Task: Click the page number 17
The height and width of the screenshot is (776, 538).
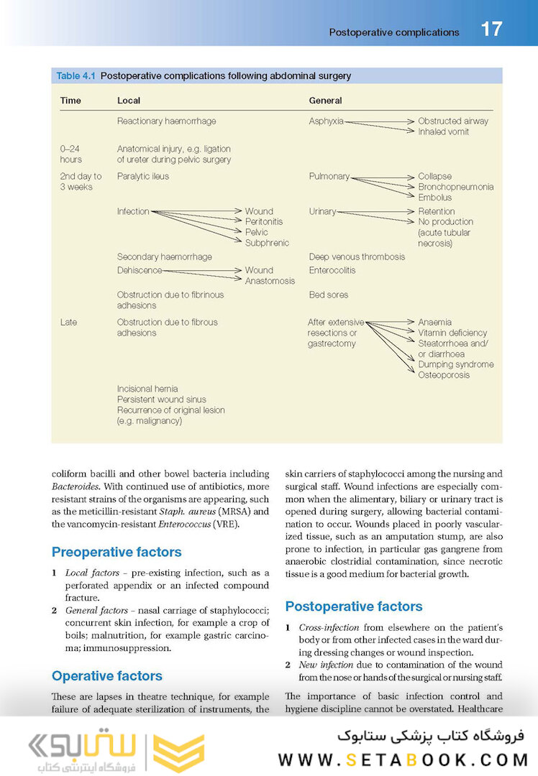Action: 491,29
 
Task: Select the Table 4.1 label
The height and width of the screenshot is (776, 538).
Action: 77,75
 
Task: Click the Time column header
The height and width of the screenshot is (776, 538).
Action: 70,101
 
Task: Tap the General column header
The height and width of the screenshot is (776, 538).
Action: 325,101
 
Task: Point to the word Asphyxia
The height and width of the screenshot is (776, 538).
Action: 326,121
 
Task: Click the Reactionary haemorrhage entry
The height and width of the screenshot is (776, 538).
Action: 166,121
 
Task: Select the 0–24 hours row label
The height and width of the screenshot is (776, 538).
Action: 71,154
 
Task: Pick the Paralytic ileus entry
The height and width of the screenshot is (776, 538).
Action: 143,176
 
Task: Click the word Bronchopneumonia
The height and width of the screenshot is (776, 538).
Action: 455,187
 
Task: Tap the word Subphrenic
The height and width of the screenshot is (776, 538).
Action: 267,243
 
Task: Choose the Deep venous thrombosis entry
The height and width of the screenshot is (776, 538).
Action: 357,257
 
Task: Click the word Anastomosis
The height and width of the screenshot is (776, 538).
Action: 270,281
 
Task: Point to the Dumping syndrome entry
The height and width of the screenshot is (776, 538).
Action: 455,364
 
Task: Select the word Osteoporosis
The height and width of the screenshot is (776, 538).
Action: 444,375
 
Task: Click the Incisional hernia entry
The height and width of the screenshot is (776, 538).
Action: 147,389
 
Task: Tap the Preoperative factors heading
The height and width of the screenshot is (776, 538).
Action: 117,552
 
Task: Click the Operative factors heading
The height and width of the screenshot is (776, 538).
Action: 107,675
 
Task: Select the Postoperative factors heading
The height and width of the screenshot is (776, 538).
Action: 354,606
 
